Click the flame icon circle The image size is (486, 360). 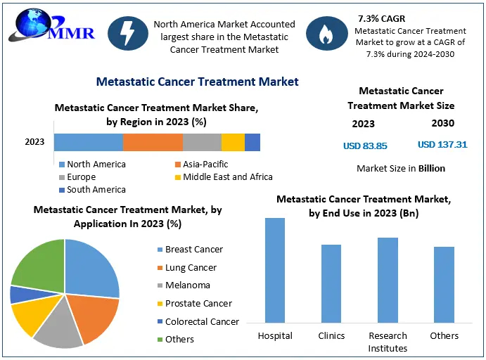click(325, 34)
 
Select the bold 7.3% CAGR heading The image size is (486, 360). click(383, 17)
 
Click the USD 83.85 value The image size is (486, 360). click(365, 146)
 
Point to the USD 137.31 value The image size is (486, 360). click(442, 144)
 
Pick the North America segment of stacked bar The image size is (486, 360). click(88, 142)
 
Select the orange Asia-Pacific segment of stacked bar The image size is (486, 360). click(153, 142)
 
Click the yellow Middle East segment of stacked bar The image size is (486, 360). click(233, 142)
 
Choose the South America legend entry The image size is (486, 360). click(91, 190)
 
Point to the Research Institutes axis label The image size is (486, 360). click(388, 342)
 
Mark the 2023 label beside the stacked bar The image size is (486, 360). click(34, 142)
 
